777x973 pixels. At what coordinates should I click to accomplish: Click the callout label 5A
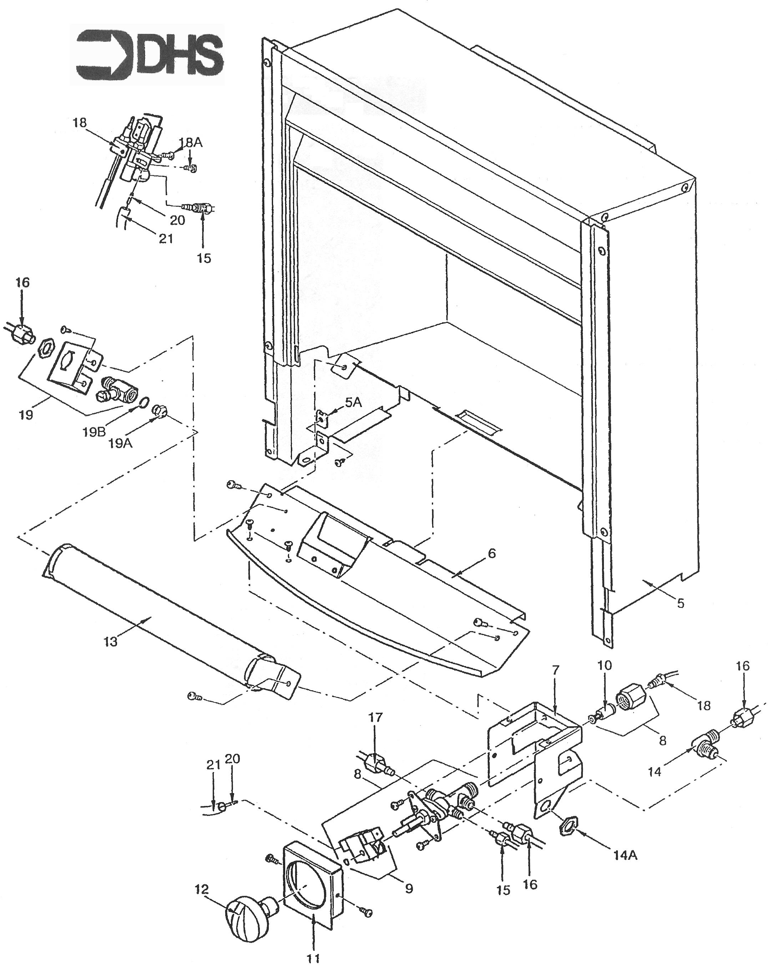353,402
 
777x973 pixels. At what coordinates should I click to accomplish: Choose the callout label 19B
94,432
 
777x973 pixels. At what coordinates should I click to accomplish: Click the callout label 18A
191,143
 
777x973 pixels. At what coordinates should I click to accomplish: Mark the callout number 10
605,666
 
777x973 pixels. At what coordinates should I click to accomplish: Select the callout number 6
491,553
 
